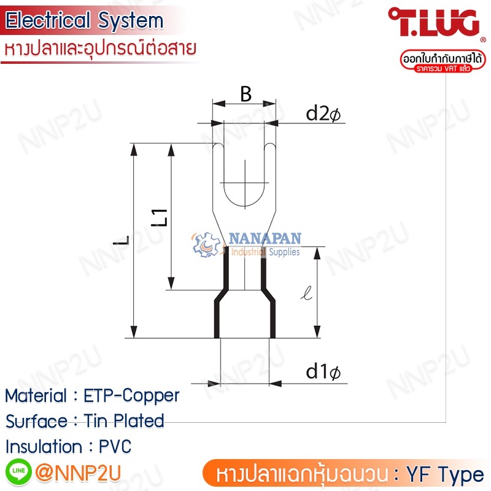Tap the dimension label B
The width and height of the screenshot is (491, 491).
(x=246, y=94)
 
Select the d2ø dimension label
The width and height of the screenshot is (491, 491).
(x=323, y=114)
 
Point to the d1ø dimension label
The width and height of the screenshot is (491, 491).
(x=323, y=372)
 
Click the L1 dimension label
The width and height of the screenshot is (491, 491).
(x=160, y=217)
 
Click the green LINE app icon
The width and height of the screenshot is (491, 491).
(x=18, y=471)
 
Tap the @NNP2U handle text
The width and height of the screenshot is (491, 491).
(x=78, y=473)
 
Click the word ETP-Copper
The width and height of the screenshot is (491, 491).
(x=131, y=396)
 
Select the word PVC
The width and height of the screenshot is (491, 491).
(x=115, y=446)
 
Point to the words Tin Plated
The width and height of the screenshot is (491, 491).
(x=124, y=420)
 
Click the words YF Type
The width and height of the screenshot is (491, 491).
(x=445, y=474)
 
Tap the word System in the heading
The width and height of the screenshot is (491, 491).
(x=130, y=21)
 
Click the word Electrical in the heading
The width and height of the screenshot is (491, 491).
(x=48, y=20)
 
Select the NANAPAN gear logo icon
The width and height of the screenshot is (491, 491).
(x=206, y=244)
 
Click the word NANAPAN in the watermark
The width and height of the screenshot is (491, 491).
(x=265, y=238)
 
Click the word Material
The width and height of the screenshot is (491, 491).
(x=36, y=395)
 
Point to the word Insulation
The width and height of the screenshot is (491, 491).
(x=44, y=446)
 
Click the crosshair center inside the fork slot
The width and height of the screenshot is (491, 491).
(x=245, y=182)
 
